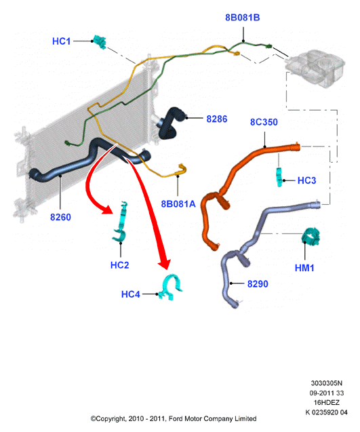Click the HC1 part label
tap(61, 41)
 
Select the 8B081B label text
tap(243, 18)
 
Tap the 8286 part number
tap(217, 119)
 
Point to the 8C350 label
tap(264, 122)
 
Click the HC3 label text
tap(306, 180)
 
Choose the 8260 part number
tap(60, 217)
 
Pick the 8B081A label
tap(178, 204)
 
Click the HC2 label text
tap(119, 265)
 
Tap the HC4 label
tap(131, 294)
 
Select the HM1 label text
tap(304, 268)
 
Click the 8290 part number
tap(258, 283)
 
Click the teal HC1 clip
tap(100, 42)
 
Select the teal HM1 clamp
tap(311, 236)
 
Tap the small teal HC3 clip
tap(279, 177)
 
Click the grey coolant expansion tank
tap(315, 68)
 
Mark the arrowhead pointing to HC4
tap(165, 263)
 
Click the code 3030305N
tap(326, 383)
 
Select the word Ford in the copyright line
tap(175, 419)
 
